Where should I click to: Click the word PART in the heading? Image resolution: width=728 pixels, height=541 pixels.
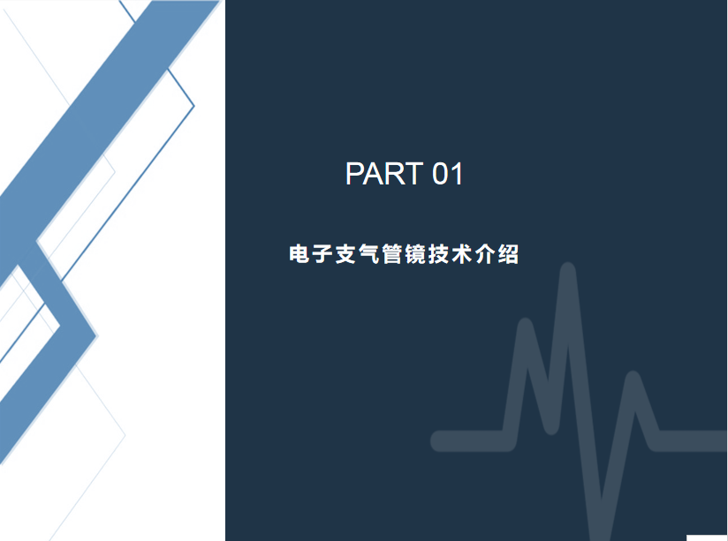click(384, 174)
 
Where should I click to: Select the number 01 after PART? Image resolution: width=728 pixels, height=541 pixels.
click(448, 174)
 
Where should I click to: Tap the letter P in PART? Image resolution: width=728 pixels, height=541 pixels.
click(355, 174)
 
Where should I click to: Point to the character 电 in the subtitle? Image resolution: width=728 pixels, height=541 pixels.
click(300, 254)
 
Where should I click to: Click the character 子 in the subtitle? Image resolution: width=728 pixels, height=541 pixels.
click(322, 254)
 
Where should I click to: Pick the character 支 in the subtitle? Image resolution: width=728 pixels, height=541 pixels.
click(346, 254)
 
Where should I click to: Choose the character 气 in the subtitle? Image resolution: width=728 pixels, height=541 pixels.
click(369, 254)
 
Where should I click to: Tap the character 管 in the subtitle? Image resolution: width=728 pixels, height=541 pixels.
click(392, 254)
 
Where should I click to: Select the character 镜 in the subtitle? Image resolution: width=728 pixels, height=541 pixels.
click(415, 254)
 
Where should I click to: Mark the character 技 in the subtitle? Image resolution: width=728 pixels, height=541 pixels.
click(439, 254)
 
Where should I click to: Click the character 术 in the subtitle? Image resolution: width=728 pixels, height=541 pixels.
click(462, 254)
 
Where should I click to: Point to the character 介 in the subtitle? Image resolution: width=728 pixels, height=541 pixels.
click(485, 254)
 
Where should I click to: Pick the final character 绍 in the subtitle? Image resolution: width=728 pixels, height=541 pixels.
click(508, 254)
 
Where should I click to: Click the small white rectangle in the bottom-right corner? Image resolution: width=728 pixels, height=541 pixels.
click(707, 537)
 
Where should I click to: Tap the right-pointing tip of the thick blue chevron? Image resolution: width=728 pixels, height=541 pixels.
click(96, 336)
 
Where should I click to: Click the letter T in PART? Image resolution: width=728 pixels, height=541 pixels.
click(413, 174)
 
